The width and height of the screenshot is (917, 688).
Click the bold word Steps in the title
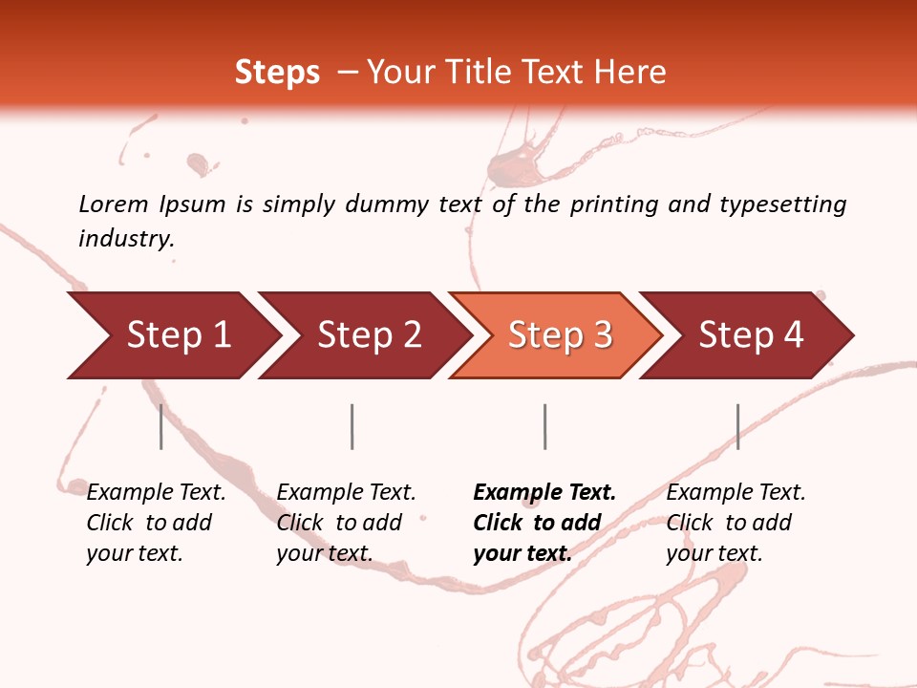277,73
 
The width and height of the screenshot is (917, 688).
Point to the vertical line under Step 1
161,426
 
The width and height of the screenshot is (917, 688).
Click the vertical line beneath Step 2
352,426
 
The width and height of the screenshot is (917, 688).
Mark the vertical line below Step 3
544,426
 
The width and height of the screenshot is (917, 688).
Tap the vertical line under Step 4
737,426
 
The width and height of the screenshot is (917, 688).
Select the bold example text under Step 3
543,523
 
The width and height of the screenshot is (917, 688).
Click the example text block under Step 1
156,523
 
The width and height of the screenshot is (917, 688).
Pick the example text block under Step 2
346,523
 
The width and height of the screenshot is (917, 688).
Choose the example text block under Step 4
735,523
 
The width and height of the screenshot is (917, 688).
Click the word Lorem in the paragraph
114,204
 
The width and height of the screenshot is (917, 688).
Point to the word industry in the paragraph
126,238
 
